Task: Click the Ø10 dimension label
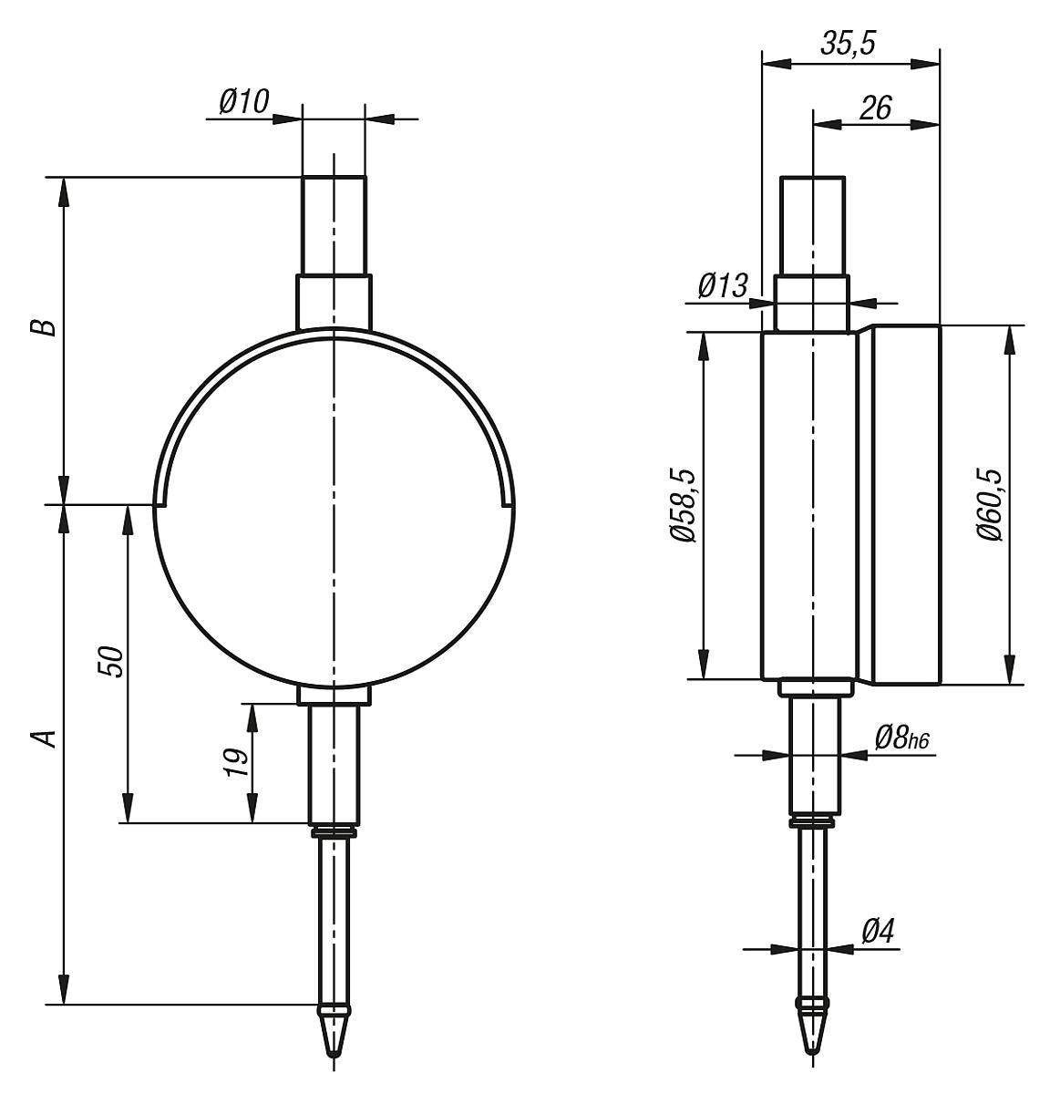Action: pyautogui.click(x=244, y=102)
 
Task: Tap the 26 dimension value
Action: pyautogui.click(x=875, y=108)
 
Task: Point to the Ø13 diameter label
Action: pyautogui.click(x=723, y=286)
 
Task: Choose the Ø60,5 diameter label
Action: pyautogui.click(x=989, y=506)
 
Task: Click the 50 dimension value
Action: pyautogui.click(x=109, y=662)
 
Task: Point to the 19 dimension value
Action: pyautogui.click(x=236, y=762)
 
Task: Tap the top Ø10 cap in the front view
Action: pyautogui.click(x=335, y=224)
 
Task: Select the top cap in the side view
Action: pyautogui.click(x=812, y=224)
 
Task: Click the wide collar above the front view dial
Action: pyautogui.click(x=335, y=301)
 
